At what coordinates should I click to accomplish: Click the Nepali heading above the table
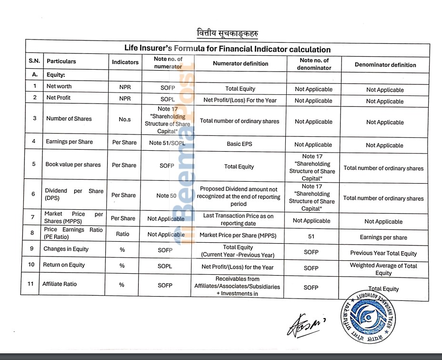click(228, 33)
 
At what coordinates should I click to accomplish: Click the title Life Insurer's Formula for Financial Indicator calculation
click(227, 49)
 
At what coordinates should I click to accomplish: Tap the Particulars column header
click(61, 62)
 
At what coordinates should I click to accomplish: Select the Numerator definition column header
click(241, 63)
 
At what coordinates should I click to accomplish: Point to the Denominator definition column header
click(385, 65)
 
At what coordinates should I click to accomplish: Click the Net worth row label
click(59, 86)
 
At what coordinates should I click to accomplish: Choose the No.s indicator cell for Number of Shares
click(125, 119)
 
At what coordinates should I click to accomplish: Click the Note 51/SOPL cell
click(167, 143)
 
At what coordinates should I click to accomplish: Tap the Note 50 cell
click(166, 195)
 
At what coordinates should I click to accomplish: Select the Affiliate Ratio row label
click(60, 284)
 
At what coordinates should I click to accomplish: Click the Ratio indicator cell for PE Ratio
click(122, 234)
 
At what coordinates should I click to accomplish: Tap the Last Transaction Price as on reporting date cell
click(238, 219)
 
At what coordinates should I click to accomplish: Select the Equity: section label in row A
click(56, 75)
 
